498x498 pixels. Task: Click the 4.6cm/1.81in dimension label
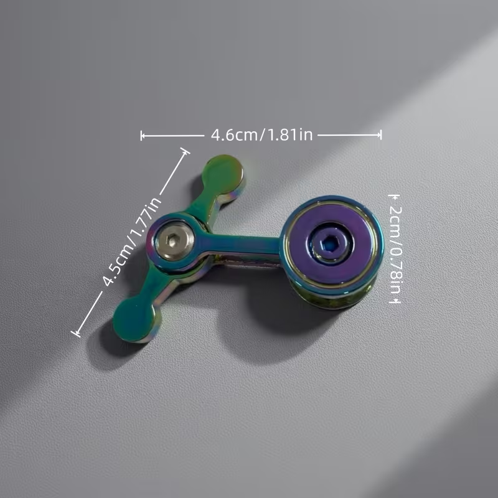click(x=261, y=134)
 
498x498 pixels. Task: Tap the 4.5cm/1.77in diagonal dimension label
click(x=132, y=242)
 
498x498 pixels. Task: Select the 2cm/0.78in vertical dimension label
click(x=396, y=250)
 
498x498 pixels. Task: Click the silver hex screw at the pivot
click(x=174, y=240)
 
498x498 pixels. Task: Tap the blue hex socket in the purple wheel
click(x=331, y=243)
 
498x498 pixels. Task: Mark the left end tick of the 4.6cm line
click(x=142, y=136)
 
